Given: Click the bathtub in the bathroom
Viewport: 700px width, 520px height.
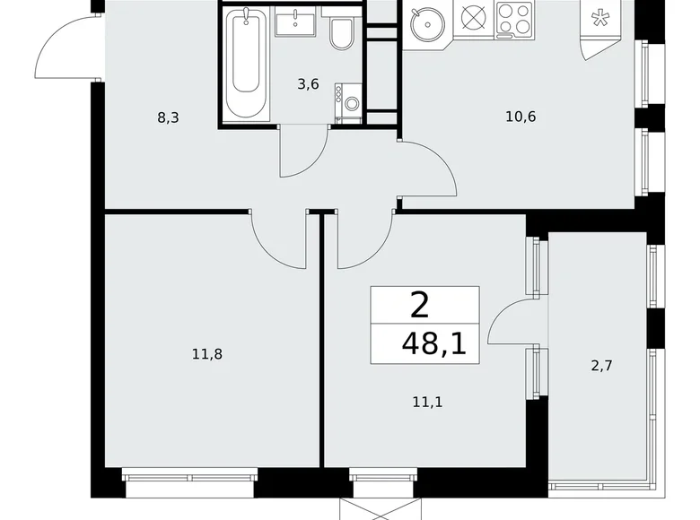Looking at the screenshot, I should point(247,65).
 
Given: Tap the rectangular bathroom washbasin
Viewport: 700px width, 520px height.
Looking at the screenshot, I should point(293,23).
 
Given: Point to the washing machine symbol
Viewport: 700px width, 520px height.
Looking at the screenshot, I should point(347,102).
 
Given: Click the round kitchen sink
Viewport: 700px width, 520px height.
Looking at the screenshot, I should point(426,23).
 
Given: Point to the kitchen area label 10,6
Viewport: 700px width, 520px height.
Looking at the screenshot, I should point(520,116).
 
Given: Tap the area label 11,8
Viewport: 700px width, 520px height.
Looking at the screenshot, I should point(206,354).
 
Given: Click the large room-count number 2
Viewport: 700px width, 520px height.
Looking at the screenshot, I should point(419,306).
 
